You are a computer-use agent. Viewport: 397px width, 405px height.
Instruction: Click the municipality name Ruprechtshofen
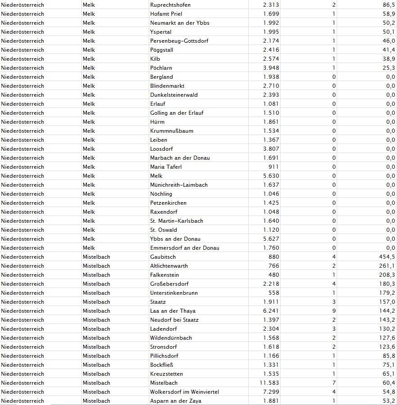click(x=170, y=5)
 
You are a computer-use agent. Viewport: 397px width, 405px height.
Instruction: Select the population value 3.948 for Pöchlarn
click(x=271, y=68)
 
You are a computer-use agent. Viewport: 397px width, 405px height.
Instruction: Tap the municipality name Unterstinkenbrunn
click(x=174, y=293)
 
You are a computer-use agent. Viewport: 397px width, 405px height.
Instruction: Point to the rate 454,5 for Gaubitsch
click(x=387, y=257)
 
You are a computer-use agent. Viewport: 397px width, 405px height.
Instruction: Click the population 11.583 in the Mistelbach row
click(x=269, y=383)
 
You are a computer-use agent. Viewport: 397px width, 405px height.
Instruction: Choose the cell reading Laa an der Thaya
click(x=173, y=311)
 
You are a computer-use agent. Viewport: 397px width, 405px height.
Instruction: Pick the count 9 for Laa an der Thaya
click(x=334, y=311)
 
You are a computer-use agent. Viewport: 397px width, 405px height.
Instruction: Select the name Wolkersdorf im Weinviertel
click(x=184, y=392)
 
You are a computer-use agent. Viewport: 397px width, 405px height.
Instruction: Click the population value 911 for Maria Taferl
click(x=273, y=167)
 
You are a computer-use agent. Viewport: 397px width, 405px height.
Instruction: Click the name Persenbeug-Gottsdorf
click(x=179, y=41)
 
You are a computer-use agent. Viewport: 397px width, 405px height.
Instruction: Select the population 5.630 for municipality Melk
click(x=271, y=176)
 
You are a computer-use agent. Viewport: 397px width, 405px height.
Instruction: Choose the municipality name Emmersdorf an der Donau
click(x=185, y=248)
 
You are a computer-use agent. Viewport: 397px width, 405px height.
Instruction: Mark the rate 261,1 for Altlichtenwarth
click(x=387, y=266)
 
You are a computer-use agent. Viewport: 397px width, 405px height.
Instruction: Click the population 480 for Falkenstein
click(x=273, y=275)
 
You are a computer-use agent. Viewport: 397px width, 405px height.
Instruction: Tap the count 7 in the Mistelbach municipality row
click(x=334, y=383)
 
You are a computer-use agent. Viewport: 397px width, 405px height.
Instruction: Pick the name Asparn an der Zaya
click(x=175, y=401)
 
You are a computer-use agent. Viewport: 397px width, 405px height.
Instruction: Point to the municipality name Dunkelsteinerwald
click(x=174, y=95)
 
